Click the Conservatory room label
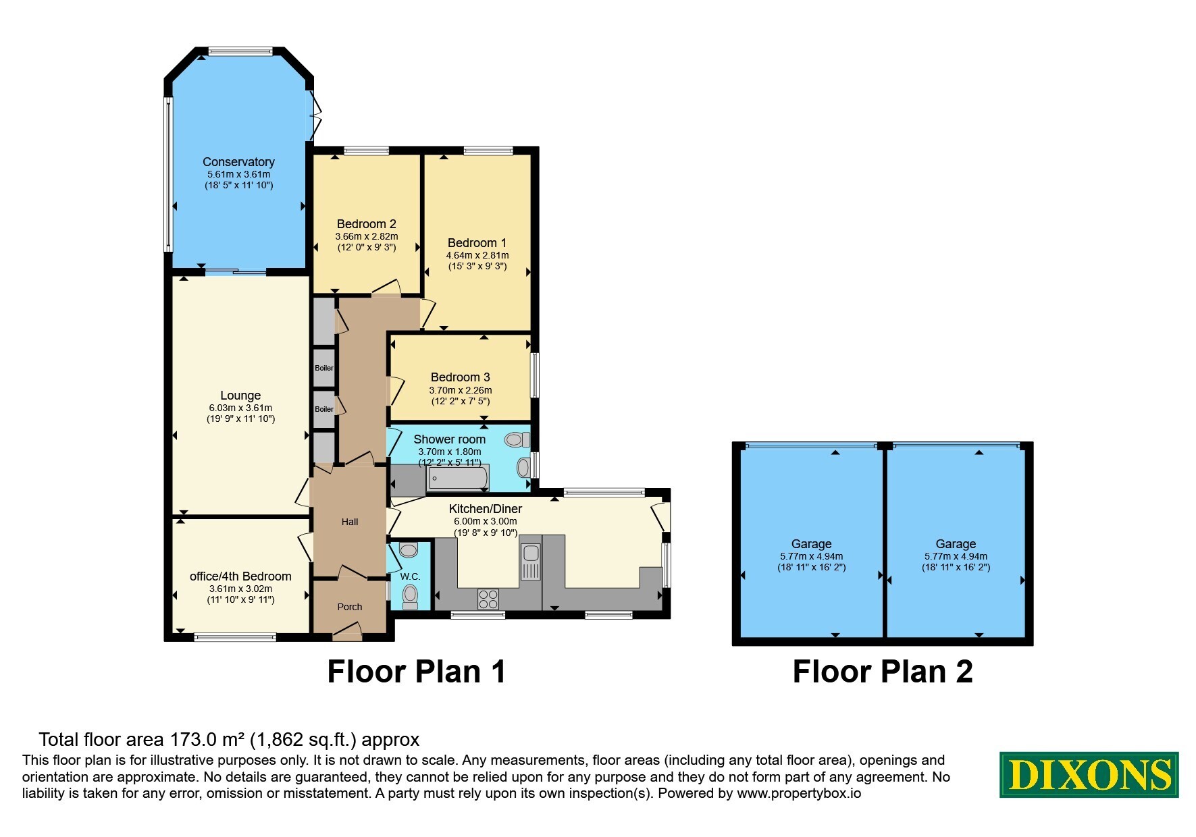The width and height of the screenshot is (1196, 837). (238, 162)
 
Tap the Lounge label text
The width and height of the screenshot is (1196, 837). (240, 396)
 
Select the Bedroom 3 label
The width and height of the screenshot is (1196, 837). (461, 377)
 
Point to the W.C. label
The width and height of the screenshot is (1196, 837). (410, 576)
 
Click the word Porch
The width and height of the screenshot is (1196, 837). (350, 607)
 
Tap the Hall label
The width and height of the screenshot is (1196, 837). (350, 522)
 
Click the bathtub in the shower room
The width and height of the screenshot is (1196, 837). (458, 478)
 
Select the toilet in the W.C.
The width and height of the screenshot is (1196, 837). (409, 596)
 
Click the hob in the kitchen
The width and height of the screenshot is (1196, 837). (488, 599)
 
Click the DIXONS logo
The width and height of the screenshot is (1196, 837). (1089, 775)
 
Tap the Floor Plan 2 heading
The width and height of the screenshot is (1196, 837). (883, 672)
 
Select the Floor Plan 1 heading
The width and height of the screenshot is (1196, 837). (417, 672)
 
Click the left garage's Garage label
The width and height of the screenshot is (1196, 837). (811, 544)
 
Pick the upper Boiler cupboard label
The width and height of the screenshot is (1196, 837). (324, 368)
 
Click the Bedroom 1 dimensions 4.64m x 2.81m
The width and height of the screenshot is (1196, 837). (477, 256)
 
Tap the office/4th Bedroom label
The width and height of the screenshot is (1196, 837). (240, 576)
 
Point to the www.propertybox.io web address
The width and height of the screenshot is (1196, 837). (799, 794)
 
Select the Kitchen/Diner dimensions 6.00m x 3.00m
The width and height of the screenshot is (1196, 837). (486, 521)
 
